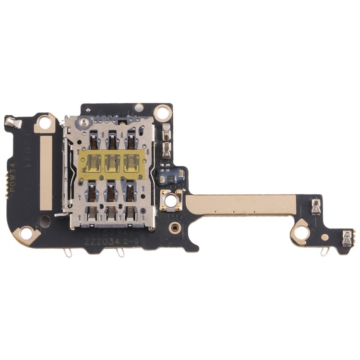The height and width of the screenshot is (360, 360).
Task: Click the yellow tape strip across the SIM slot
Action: (111, 162)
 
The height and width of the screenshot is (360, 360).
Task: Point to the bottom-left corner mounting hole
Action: (27, 234)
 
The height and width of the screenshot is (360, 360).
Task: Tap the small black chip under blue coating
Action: (172, 177)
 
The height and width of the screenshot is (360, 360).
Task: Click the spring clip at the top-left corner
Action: (13, 122)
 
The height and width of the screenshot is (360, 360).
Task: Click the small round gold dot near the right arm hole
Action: (325, 237)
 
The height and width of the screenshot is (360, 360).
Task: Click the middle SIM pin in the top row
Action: (112, 141)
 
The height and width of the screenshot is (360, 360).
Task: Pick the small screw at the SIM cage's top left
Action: (84, 124)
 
